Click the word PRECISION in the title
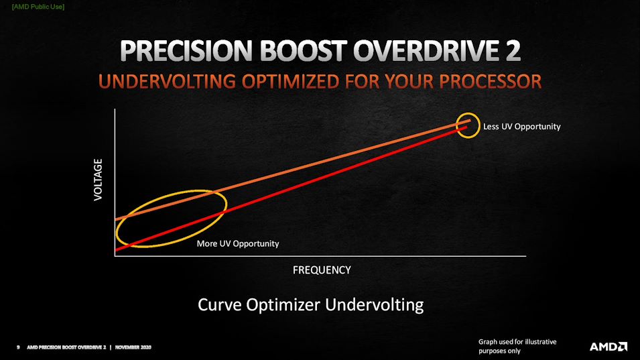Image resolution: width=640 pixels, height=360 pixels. tap(186, 51)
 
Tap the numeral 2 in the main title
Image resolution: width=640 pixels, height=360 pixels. tap(513, 51)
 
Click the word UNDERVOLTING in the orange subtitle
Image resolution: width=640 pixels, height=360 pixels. tap(167, 82)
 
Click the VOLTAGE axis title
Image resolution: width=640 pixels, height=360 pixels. tap(98, 180)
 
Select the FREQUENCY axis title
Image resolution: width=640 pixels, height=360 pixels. tap(322, 270)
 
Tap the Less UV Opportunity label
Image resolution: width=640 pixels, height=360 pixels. tap(521, 127)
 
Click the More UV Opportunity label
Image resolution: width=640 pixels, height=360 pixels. tap(238, 243)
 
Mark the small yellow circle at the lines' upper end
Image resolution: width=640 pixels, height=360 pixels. tap(468, 113)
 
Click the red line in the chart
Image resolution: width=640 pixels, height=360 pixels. tap(291, 188)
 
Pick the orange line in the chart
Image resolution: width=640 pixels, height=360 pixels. tap(293, 170)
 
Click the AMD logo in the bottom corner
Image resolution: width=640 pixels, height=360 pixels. tap(608, 347)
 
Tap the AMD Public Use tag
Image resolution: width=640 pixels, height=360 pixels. tap(38, 7)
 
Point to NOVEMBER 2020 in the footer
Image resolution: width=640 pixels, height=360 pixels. tap(133, 347)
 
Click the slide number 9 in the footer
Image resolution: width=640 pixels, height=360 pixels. tap(18, 347)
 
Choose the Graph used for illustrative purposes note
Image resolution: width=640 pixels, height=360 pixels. tap(517, 346)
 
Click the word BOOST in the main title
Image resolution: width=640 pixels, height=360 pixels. tap(303, 51)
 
